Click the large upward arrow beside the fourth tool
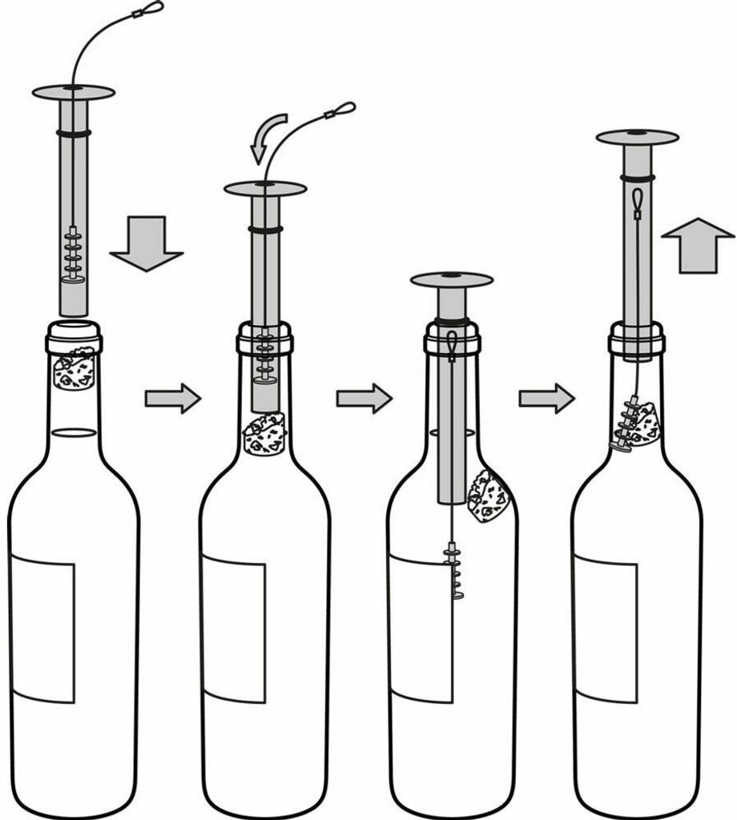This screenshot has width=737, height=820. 698,245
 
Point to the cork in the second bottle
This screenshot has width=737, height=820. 264,433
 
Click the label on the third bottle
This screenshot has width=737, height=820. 417,629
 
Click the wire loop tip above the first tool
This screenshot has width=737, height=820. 151,9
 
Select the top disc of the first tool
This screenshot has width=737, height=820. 73,92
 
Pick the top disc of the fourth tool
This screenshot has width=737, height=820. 637,137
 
